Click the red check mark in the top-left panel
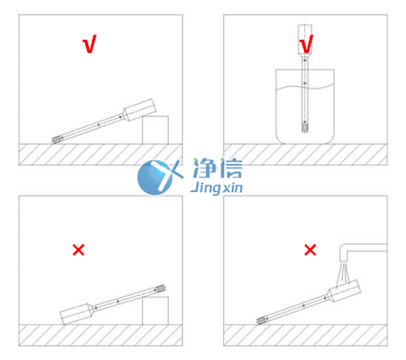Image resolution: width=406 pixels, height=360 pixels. pos(89,45)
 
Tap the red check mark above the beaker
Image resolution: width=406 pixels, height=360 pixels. pos(307,43)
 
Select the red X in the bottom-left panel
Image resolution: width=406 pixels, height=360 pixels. pos(79,250)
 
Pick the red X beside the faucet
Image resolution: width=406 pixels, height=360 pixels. pos(311,250)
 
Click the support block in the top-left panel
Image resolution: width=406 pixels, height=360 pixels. pos(155,129)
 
